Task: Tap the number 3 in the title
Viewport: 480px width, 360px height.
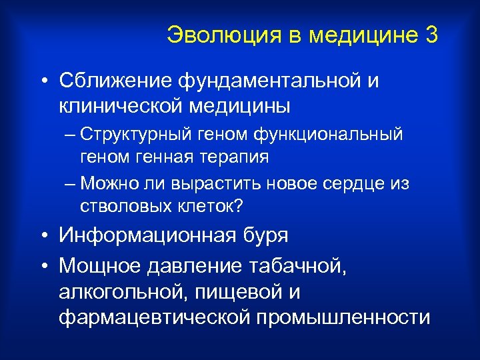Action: coord(431,35)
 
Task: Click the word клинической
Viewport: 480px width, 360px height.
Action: coord(119,105)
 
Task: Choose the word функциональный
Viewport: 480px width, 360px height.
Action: coord(338,134)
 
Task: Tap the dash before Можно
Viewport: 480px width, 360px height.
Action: coord(71,183)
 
